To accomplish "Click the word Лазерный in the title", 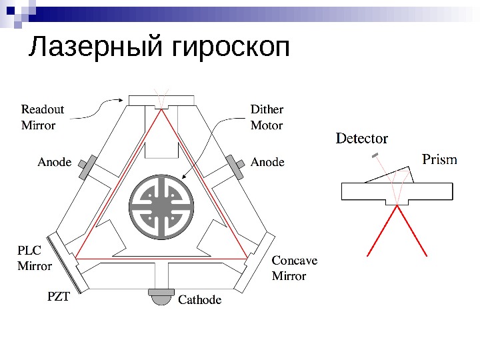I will point(98,48).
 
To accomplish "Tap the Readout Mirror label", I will point(43,117).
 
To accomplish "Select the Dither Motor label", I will point(267,117).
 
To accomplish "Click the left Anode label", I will point(55,161).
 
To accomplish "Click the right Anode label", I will point(267,161).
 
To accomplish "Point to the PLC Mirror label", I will point(35,258).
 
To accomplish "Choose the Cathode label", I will point(199,300).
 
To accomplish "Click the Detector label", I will point(362,139).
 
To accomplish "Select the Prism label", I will point(440,159).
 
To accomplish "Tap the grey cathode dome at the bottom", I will point(161,297).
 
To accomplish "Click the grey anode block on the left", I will point(87,167).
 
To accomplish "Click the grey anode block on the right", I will point(236,167).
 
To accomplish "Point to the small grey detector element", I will point(375,155).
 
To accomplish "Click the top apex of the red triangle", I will point(161,111).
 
